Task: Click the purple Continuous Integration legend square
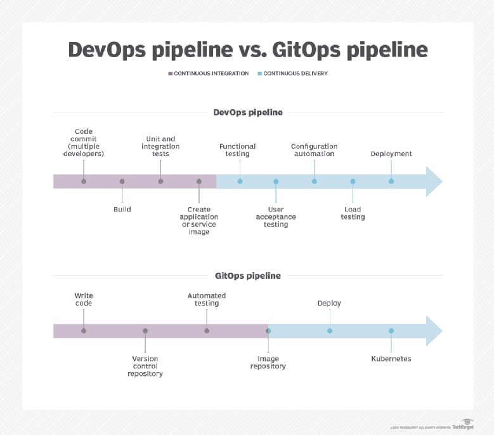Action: click(170, 74)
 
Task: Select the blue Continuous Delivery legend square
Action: click(259, 74)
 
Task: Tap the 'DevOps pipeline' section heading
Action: click(247, 112)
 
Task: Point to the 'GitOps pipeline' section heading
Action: click(247, 276)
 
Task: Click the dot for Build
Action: click(122, 182)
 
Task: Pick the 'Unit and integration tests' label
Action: click(160, 146)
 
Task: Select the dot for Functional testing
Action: click(240, 182)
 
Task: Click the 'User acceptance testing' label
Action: click(276, 217)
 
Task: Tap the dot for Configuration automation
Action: click(315, 182)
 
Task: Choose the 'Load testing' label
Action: click(353, 213)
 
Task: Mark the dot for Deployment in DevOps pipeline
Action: click(391, 182)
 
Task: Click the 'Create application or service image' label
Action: click(198, 220)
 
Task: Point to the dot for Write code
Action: click(84, 331)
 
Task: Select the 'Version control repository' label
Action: click(145, 366)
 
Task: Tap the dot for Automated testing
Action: click(207, 331)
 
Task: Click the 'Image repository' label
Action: click(268, 363)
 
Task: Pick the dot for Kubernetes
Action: click(391, 331)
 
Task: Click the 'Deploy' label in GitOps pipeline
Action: click(329, 304)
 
